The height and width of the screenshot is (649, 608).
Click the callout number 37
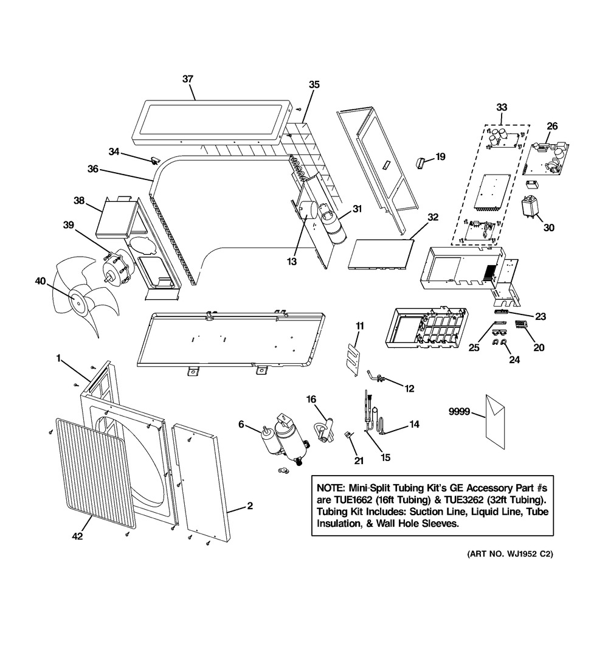coord(188,79)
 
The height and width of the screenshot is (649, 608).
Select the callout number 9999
coord(458,411)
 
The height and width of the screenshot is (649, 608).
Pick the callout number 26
coord(551,126)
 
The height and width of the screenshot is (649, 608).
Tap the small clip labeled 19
coord(420,161)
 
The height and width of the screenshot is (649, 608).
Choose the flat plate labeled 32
coord(381,254)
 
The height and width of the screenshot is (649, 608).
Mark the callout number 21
coord(359,461)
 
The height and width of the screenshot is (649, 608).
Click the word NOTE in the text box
coord(330,489)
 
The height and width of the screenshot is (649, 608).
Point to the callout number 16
coord(311,399)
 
